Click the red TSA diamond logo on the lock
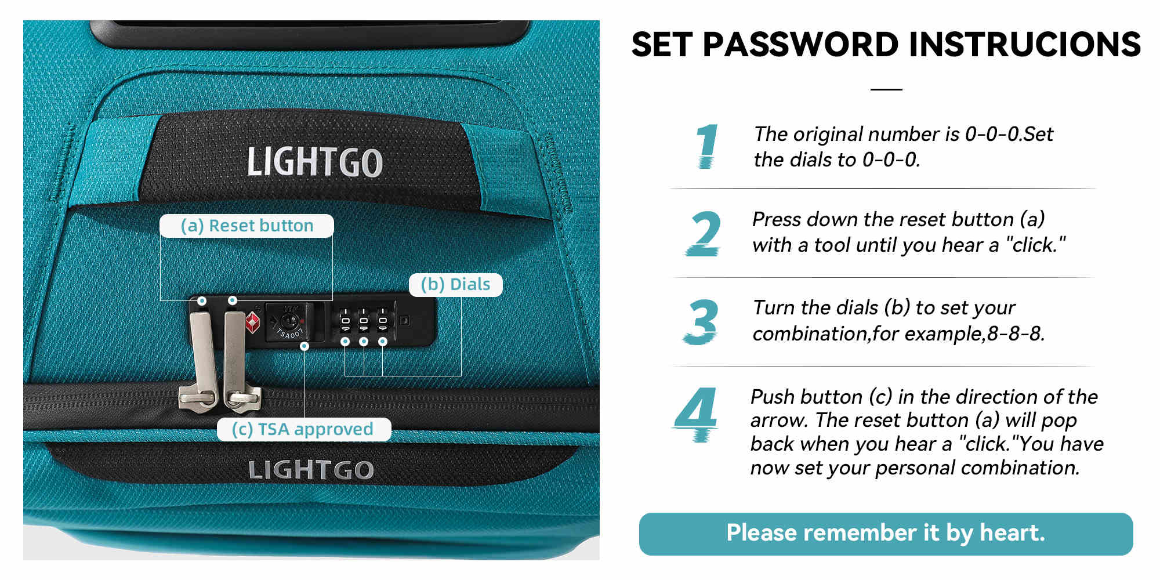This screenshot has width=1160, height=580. pyautogui.click(x=252, y=322)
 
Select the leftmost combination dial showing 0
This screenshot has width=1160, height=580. pyautogui.click(x=345, y=321)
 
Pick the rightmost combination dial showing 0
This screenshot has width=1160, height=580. pyautogui.click(x=383, y=321)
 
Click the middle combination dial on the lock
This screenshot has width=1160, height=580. pyautogui.click(x=364, y=321)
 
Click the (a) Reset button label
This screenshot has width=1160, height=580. pyautogui.click(x=246, y=226)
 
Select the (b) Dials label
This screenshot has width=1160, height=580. pyautogui.click(x=455, y=285)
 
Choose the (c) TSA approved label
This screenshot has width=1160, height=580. pyautogui.click(x=303, y=429)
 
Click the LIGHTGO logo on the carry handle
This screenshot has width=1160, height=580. pyautogui.click(x=315, y=162)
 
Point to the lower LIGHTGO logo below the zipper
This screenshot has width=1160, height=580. pyautogui.click(x=311, y=470)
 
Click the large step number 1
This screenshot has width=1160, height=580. pyautogui.click(x=706, y=146)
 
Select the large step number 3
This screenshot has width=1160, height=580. pyautogui.click(x=701, y=322)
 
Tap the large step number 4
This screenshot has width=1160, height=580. pyautogui.click(x=697, y=414)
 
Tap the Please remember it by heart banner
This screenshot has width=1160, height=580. pyautogui.click(x=886, y=534)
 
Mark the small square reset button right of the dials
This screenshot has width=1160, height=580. pyautogui.click(x=405, y=320)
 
